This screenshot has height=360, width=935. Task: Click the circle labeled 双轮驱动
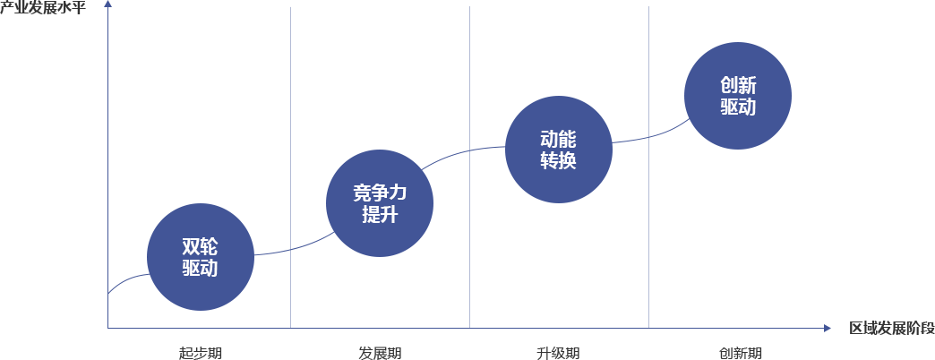click(x=201, y=257)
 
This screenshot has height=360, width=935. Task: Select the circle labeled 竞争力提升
click(x=380, y=203)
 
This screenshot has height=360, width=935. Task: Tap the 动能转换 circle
click(x=559, y=150)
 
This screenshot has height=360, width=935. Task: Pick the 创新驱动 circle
click(x=738, y=96)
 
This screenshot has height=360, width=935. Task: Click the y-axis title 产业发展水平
click(x=47, y=9)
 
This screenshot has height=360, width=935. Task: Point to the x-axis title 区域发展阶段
click(x=892, y=329)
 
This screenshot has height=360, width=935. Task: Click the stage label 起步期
click(x=201, y=353)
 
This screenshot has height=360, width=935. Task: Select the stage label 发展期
click(x=380, y=353)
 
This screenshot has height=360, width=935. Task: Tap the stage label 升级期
click(x=558, y=353)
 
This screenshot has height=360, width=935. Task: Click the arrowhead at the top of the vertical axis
click(x=108, y=4)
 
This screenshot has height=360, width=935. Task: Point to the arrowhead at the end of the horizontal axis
click(x=827, y=328)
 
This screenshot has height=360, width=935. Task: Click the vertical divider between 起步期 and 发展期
click(x=290, y=167)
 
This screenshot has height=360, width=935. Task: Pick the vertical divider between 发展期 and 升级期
click(x=469, y=167)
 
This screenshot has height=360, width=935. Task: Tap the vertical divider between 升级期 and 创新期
click(x=648, y=167)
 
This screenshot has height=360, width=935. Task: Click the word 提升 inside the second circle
click(x=380, y=213)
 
